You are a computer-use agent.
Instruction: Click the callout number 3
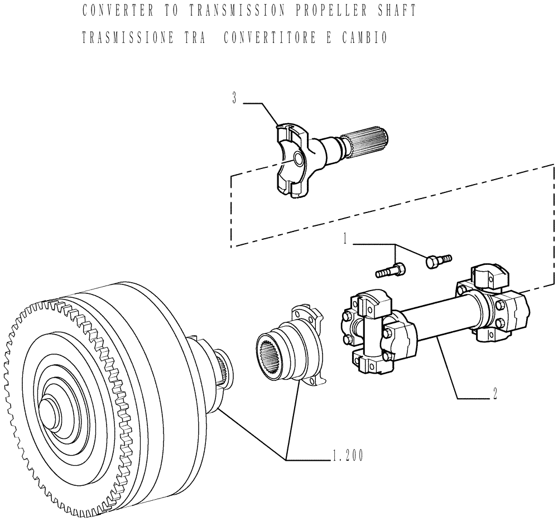(235, 99)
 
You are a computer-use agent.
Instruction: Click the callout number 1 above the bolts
(346, 239)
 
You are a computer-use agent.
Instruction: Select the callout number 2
(494, 393)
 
